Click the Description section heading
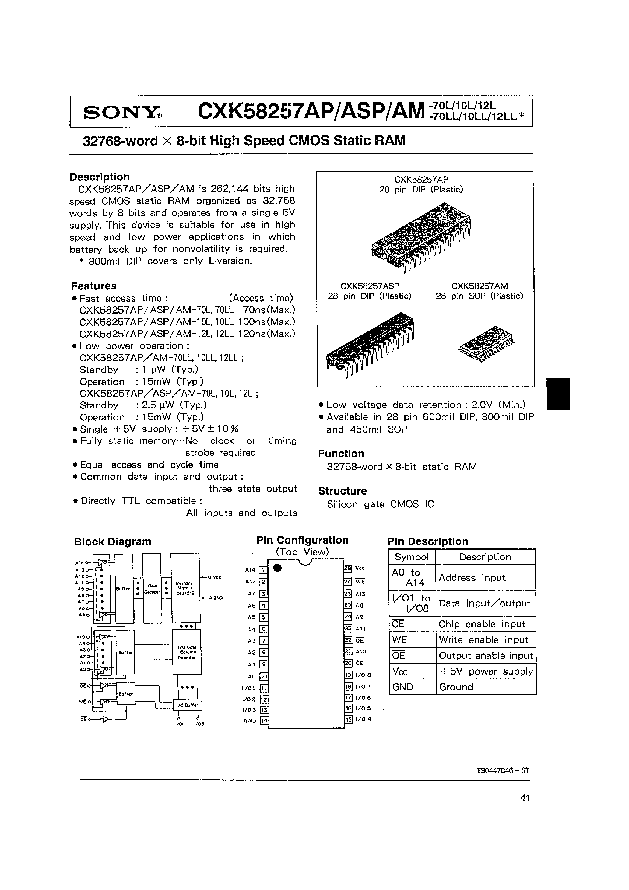[x=100, y=177]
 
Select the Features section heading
[x=93, y=286]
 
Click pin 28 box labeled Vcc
[x=347, y=568]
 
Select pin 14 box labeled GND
[x=264, y=720]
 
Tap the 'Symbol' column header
[x=412, y=557]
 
